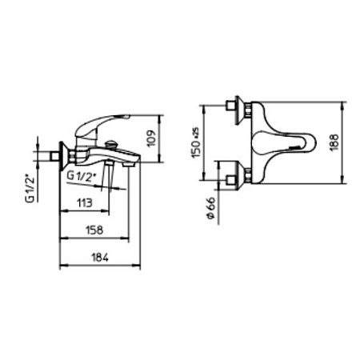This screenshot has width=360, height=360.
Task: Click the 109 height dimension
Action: (151, 138)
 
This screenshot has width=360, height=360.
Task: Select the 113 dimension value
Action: (85, 203)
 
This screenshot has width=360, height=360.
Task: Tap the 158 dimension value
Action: (94, 230)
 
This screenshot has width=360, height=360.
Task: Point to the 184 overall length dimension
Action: (100, 258)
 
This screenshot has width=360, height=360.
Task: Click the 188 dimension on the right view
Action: (334, 142)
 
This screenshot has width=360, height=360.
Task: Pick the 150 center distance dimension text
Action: (196, 142)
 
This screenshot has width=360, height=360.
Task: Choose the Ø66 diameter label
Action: (210, 208)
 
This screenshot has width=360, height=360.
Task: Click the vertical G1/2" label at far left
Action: (30, 188)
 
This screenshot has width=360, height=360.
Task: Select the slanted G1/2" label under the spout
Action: (82, 177)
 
